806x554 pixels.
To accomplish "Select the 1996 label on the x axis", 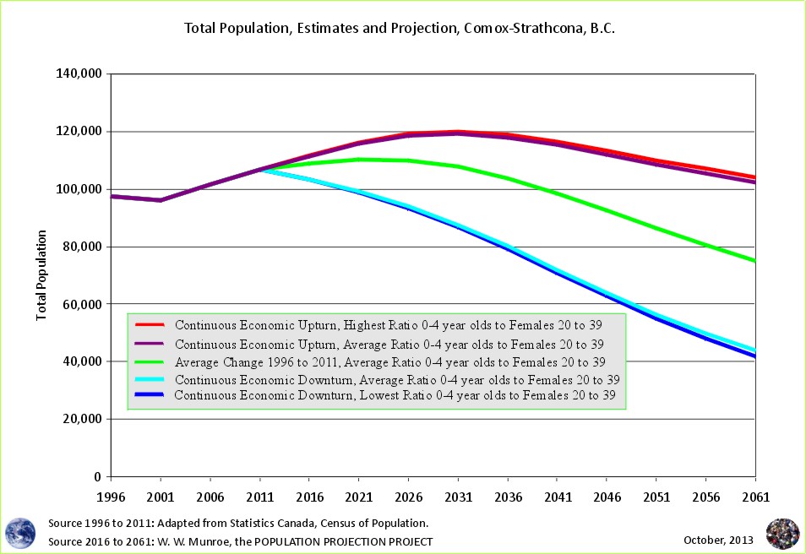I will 112,497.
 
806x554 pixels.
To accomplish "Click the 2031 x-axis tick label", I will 456,497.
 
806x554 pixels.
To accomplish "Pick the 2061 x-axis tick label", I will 754,497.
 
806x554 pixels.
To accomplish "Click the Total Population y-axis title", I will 41,274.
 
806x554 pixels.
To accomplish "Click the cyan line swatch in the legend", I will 149,379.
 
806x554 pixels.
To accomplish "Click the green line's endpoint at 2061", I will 754,261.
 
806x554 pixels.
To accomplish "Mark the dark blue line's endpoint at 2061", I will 754,356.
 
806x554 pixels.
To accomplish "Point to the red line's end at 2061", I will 754,177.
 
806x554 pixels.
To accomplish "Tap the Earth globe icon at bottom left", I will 21,532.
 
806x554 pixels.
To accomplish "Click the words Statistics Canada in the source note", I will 259,524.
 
